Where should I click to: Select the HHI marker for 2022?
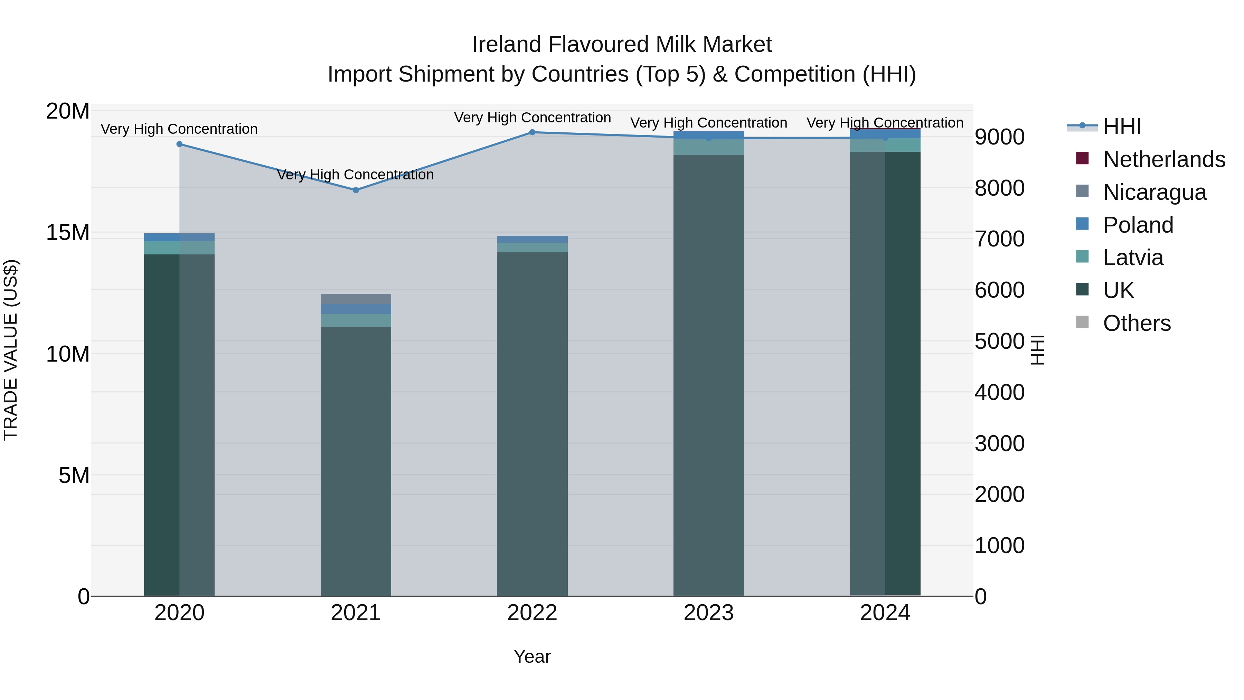click(532, 132)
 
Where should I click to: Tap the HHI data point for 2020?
click(180, 144)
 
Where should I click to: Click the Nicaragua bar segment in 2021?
click(356, 299)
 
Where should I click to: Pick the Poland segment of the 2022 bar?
click(532, 240)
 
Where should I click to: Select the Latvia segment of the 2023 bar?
click(708, 147)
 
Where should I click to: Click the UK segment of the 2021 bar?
click(356, 459)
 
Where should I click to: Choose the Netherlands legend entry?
click(1164, 159)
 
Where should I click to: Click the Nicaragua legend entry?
click(1154, 192)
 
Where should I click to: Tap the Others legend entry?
click(1136, 323)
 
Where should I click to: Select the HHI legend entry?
click(1122, 127)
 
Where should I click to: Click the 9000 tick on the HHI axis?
click(999, 137)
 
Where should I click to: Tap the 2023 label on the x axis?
click(708, 613)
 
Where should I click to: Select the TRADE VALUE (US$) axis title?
click(11, 350)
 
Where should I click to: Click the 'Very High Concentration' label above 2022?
click(532, 118)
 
